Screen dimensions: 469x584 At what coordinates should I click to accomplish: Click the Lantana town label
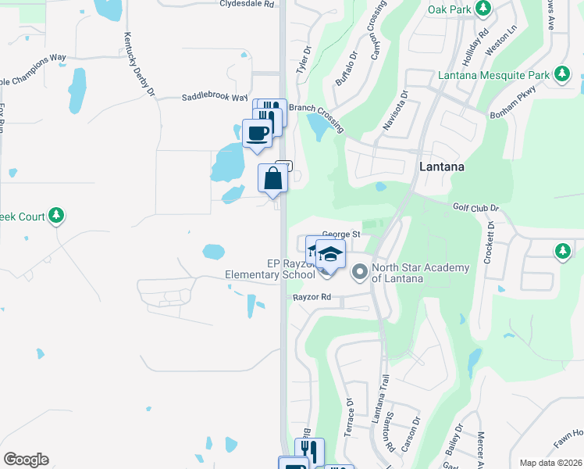coord(442,166)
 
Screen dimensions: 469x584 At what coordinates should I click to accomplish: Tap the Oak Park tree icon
coord(484,9)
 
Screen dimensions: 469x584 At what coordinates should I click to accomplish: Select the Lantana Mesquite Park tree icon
coord(561,75)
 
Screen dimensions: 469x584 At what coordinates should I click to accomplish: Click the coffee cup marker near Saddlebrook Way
coord(258,133)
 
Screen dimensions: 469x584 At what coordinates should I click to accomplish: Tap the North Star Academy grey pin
coord(360,273)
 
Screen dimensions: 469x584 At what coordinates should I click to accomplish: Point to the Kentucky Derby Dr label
coord(138,66)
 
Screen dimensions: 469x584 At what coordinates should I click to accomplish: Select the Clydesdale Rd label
coord(247,4)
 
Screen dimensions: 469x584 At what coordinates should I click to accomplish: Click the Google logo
coord(26,460)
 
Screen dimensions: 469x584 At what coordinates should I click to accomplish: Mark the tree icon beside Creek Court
coord(56,215)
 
